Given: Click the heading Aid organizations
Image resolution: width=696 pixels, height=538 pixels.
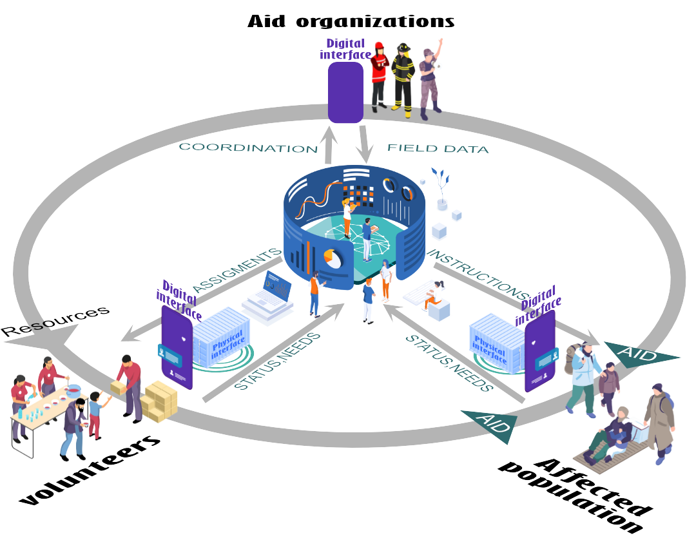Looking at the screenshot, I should point(351,21).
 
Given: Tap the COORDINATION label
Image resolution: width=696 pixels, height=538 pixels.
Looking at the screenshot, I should point(248,148).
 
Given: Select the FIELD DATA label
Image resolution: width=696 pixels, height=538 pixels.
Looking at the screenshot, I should point(438,149).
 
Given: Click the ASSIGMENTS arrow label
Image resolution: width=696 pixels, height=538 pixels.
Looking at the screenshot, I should point(238,271).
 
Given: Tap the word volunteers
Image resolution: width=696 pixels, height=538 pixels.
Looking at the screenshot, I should point(90,470).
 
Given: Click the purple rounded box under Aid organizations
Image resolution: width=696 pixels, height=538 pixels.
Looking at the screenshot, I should point(345,91).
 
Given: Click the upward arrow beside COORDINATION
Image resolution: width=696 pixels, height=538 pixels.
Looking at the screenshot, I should point(330,146).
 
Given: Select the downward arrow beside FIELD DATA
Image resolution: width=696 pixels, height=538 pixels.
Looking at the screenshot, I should point(365,144).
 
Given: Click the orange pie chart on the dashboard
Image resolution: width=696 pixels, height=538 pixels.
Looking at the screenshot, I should point(333,259).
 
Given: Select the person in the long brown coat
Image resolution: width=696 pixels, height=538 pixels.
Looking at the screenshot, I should point(659,421).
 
